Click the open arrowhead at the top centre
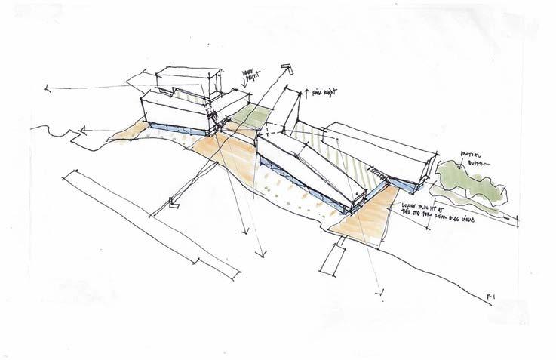coord(285,70)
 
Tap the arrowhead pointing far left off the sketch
coord(48,91)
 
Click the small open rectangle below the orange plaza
coord(332,260)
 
